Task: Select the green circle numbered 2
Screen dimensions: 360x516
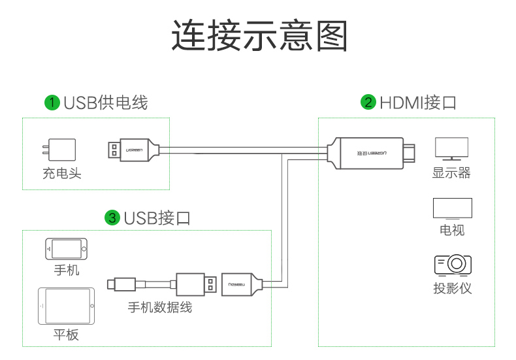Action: [x=368, y=103]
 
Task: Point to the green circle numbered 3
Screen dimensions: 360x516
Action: [x=112, y=218]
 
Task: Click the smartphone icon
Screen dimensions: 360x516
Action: [x=66, y=249]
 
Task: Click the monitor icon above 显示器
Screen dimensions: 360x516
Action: [x=451, y=148]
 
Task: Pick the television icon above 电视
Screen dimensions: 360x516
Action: [x=452, y=208]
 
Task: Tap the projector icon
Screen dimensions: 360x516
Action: [x=452, y=265]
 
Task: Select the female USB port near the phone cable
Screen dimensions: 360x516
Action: [x=241, y=284]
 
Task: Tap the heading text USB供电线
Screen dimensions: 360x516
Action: [x=105, y=103]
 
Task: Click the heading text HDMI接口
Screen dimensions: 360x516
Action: [x=417, y=103]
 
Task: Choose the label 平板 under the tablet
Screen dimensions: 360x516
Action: [x=66, y=335]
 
